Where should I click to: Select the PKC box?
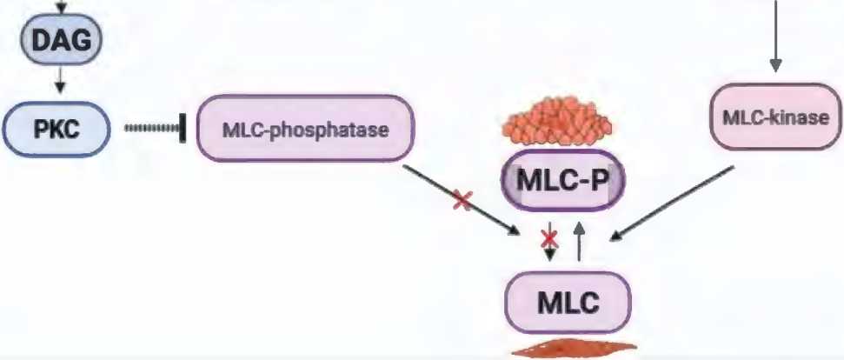pyautogui.click(x=57, y=128)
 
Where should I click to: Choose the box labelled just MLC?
pyautogui.click(x=568, y=303)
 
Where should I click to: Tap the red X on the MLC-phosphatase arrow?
pyautogui.click(x=462, y=201)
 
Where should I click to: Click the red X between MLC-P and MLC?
pyautogui.click(x=549, y=237)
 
